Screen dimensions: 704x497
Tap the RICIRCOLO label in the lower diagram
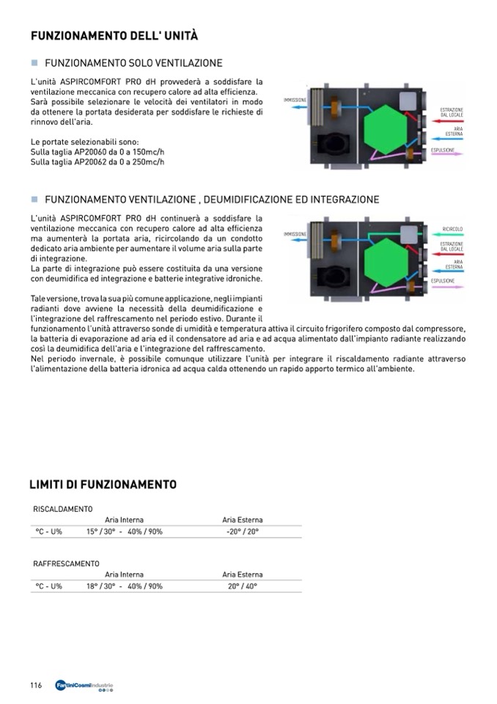pyautogui.click(x=452, y=230)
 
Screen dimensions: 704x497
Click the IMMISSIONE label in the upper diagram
pyautogui.click(x=294, y=99)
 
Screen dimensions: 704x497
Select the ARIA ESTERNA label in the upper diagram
pyautogui.click(x=452, y=131)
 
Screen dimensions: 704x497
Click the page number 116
pyautogui.click(x=36, y=685)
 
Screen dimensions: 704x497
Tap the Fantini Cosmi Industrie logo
pyautogui.click(x=84, y=686)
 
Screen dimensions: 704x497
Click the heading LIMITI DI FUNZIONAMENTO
pyautogui.click(x=103, y=485)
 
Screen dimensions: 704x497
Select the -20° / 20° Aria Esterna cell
pyautogui.click(x=243, y=531)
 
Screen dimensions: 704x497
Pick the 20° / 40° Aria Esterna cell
pyautogui.click(x=243, y=587)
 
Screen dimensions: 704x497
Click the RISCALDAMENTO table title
pyautogui.click(x=63, y=509)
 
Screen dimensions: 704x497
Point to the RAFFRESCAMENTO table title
pyautogui.click(x=66, y=563)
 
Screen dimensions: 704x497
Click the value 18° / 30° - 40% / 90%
pyautogui.click(x=125, y=587)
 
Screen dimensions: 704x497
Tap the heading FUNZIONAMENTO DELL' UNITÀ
pyautogui.click(x=114, y=36)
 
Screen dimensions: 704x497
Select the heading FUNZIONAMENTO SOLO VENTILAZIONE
pyautogui.click(x=133, y=64)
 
